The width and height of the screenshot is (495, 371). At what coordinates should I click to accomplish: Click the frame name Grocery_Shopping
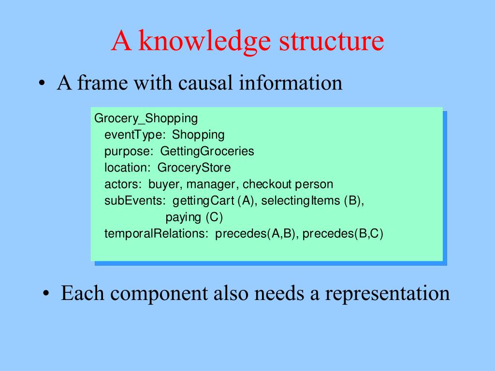coord(146,118)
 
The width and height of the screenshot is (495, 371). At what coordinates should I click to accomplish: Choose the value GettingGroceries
coord(207,151)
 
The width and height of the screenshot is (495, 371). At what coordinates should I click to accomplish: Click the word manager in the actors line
coord(212,184)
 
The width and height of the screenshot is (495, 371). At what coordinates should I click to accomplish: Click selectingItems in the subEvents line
coord(301,200)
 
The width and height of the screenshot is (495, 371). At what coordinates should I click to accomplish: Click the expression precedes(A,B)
coord(255,234)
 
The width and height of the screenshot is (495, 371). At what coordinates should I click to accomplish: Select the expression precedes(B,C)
coord(343,234)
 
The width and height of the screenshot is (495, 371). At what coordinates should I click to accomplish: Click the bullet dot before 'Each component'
coord(46,294)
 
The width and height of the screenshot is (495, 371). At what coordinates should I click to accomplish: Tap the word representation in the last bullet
coord(387,294)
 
